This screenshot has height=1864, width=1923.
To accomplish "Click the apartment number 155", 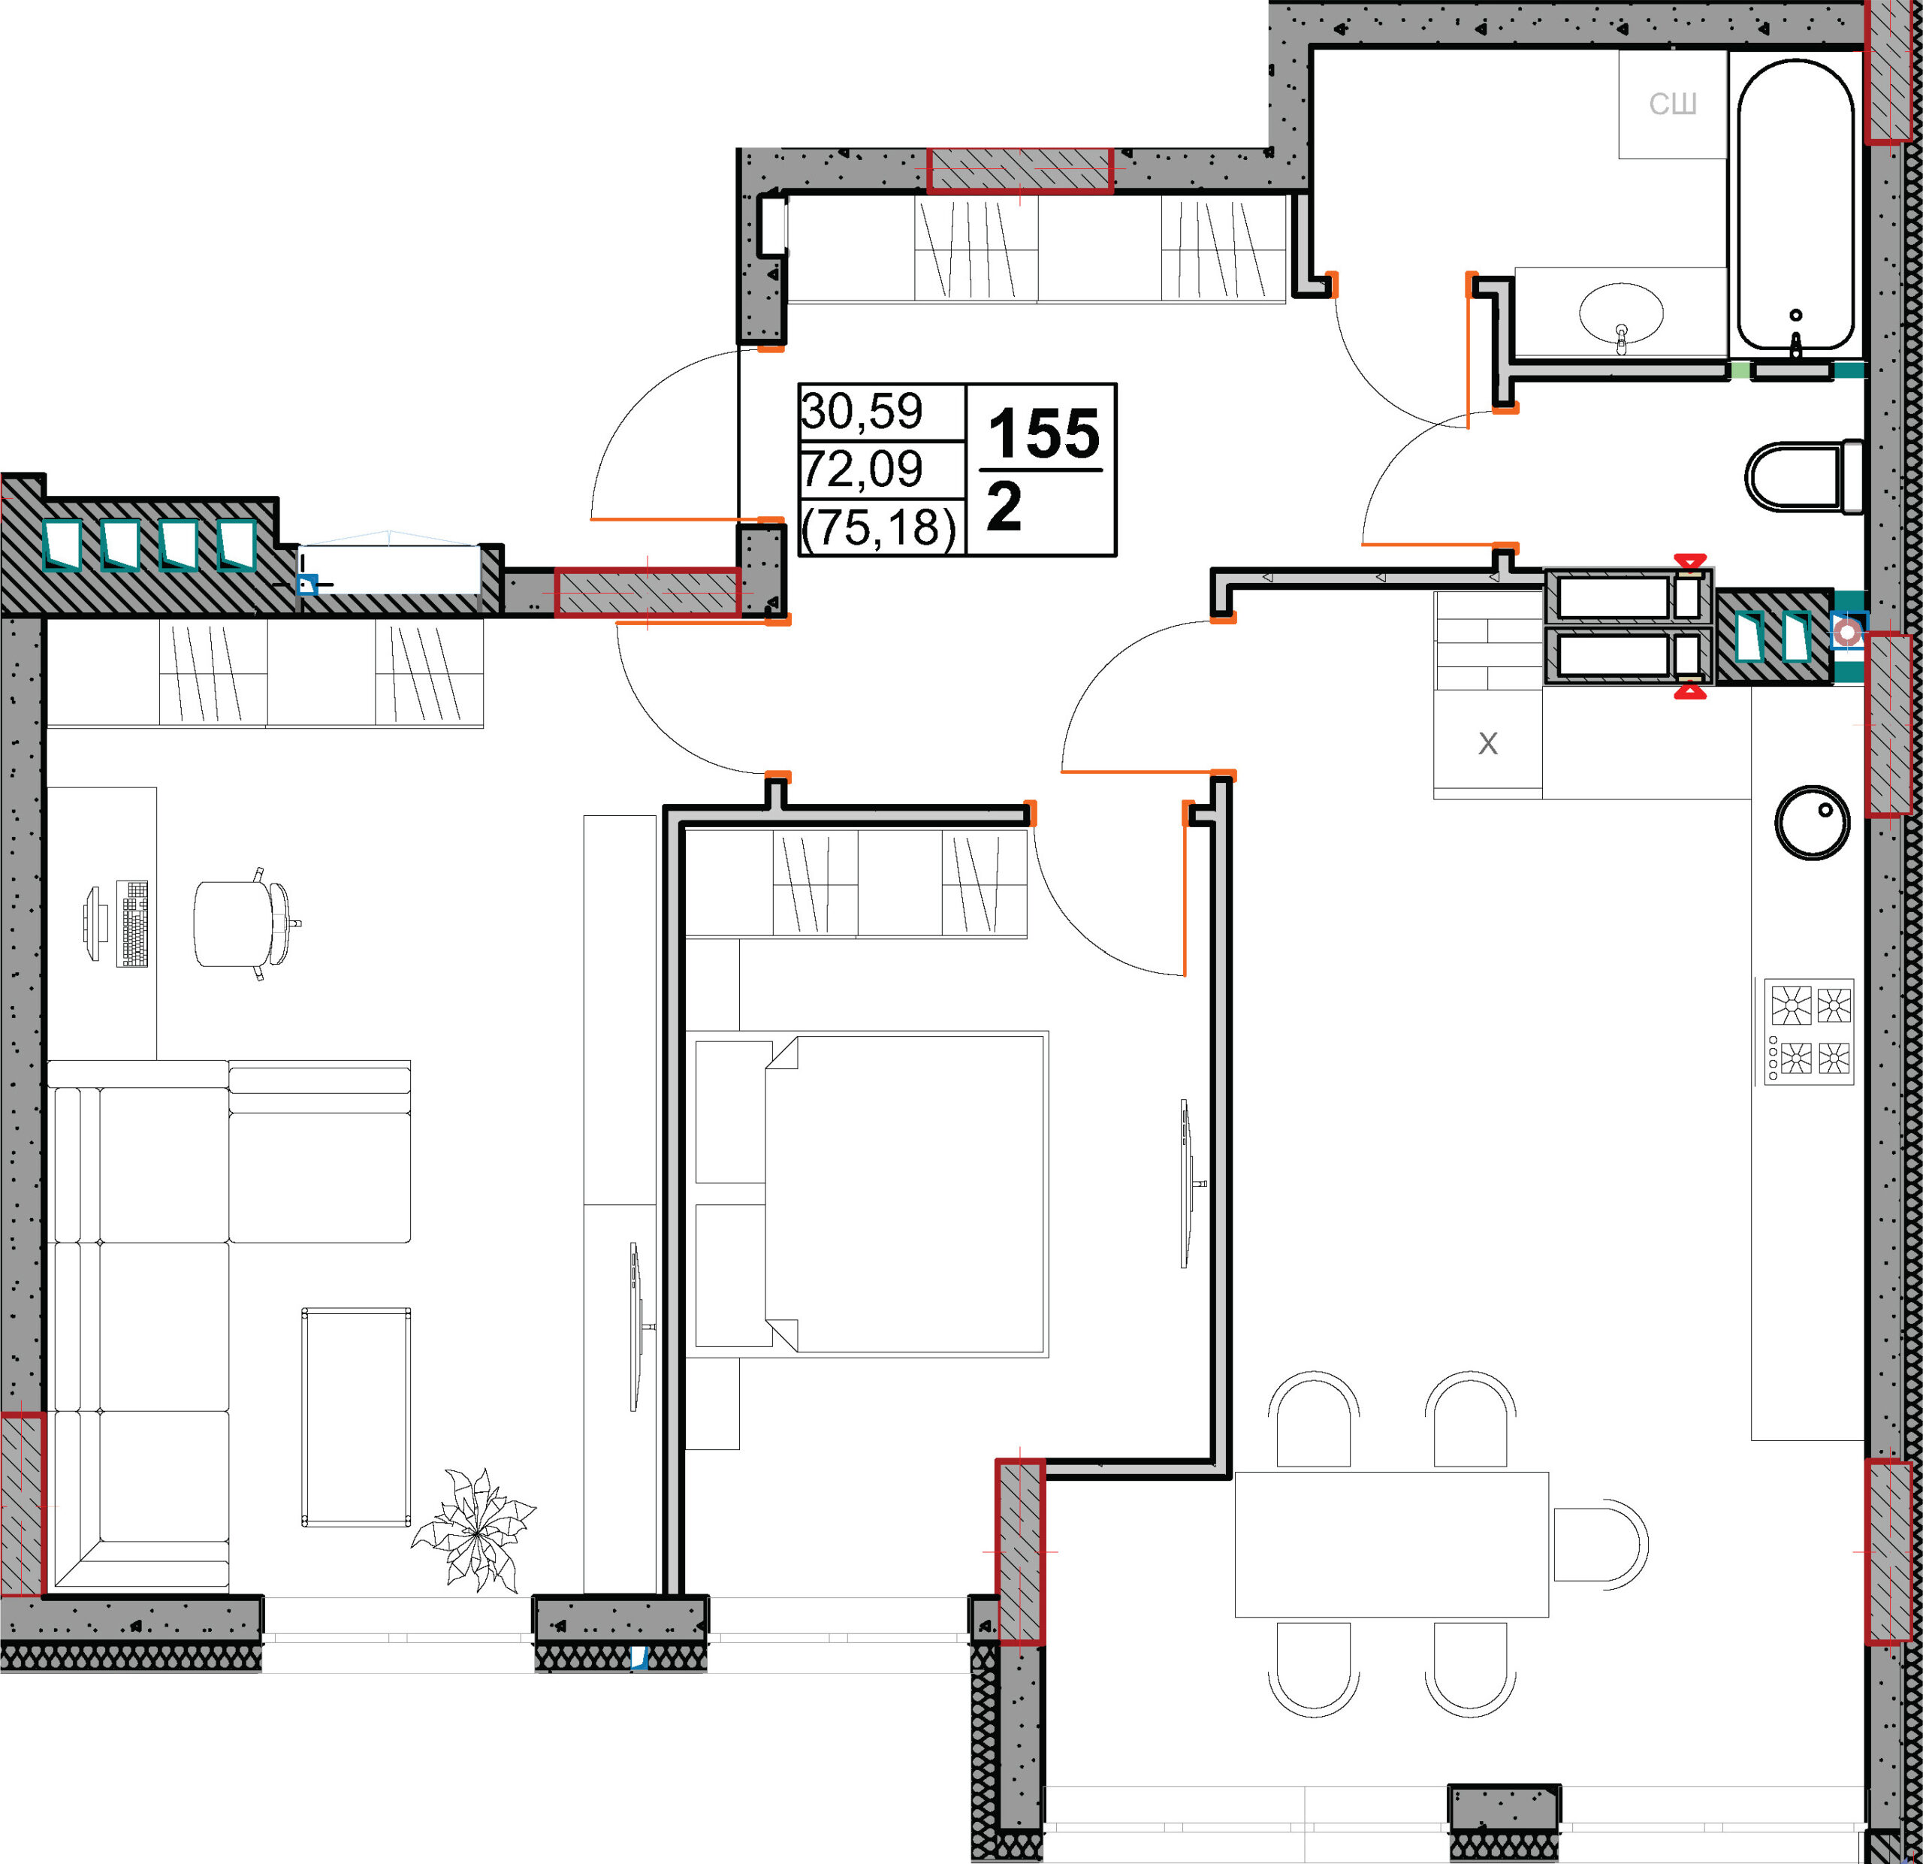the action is coord(1044,433).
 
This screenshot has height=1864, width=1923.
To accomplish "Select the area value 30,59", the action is coord(862,411).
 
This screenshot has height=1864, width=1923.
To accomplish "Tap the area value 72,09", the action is coord(862,469).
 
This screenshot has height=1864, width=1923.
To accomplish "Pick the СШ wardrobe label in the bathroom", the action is coord(1673,104).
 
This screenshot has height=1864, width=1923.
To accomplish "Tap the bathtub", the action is coord(1795,204).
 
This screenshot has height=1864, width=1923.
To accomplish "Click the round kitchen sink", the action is coord(1812,822).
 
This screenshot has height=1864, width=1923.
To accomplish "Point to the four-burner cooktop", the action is coord(1810,1031).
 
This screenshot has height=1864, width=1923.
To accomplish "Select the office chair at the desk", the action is coord(246,923).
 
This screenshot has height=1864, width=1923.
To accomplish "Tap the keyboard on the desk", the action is coord(132,923).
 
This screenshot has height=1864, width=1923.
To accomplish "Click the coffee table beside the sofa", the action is coord(356,1417).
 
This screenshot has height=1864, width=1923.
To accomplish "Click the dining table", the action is coord(1391,1543).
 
